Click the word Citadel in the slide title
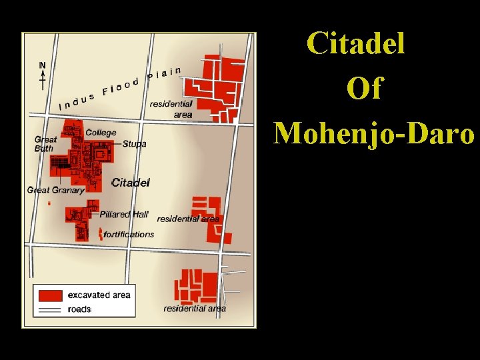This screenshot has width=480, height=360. click(x=356, y=43)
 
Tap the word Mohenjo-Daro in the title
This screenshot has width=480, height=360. click(x=375, y=132)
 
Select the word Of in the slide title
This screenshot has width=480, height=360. click(x=364, y=88)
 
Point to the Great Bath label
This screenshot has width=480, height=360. click(x=45, y=144)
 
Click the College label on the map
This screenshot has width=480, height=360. click(x=101, y=133)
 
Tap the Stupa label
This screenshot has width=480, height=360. click(x=134, y=144)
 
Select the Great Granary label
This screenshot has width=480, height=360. click(x=56, y=190)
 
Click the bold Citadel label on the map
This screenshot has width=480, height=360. click(x=131, y=182)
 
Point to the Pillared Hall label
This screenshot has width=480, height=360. click(x=124, y=214)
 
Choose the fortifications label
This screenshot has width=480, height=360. click(x=129, y=234)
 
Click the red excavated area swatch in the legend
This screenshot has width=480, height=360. click(x=51, y=295)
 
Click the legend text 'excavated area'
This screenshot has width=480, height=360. click(x=99, y=295)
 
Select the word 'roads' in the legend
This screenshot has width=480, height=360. click(x=80, y=309)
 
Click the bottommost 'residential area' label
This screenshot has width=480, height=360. click(x=195, y=308)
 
